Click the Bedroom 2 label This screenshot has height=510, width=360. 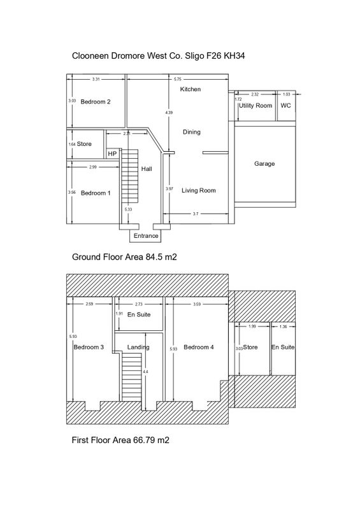tap(96, 102)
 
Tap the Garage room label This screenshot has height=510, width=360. tap(264, 164)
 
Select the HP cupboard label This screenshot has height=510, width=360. tap(112, 154)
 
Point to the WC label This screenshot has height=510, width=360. tap(285, 106)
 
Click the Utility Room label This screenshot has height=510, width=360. tap(256, 106)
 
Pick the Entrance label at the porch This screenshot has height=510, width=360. tap(146, 236)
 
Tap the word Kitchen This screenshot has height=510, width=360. tap(191, 89)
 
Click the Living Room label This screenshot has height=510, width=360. tap(199, 191)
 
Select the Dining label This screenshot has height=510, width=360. tap(192, 132)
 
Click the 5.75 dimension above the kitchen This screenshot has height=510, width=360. tap(178, 79)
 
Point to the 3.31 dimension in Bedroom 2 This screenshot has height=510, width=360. tap(96, 79)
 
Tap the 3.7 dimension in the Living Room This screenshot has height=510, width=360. tap(196, 214)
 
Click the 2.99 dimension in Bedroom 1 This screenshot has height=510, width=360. tap(92, 167)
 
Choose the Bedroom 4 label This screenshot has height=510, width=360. tap(199, 347)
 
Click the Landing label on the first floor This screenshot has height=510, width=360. tap(138, 347)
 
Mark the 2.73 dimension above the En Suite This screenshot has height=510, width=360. tap(138, 305)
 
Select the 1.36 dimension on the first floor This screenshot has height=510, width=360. tap(284, 326)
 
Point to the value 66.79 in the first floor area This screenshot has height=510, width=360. tap(144, 440)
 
